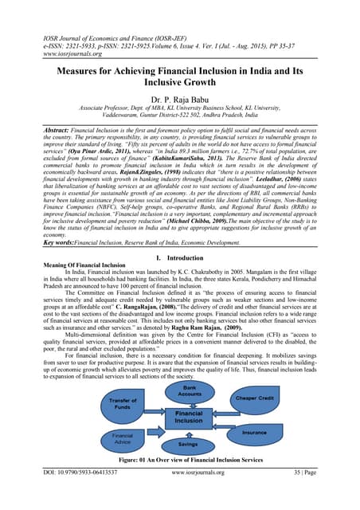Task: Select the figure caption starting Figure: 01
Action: coord(181,461)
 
